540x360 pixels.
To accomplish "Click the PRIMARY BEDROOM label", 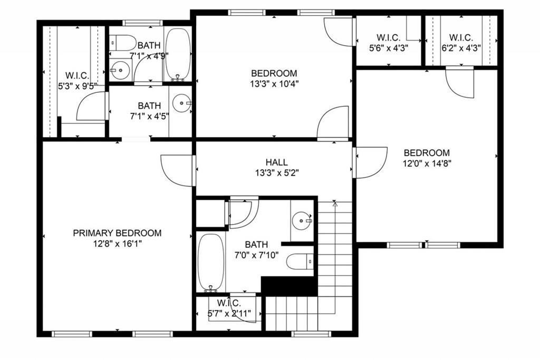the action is coord(117,233).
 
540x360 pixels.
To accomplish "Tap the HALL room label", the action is coord(276,162).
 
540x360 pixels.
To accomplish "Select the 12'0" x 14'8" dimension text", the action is coord(427,163).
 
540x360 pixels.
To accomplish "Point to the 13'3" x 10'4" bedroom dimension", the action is coord(274,84).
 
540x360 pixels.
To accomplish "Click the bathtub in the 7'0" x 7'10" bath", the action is coord(211,262).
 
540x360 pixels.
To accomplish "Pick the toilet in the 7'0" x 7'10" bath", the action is coord(300,261).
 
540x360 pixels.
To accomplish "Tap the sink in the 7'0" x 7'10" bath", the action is coord(302,220).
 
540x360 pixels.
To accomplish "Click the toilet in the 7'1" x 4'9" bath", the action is coord(122,43).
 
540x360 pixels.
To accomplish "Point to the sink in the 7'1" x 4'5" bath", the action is coord(182,103).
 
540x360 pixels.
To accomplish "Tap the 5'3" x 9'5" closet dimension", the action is coord(78,86).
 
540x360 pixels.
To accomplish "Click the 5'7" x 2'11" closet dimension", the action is coord(229,314).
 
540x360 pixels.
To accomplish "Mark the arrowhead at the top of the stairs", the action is coord(334,203).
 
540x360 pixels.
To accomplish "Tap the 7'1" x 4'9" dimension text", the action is coord(149,55).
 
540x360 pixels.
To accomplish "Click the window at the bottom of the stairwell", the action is coord(311,334).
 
